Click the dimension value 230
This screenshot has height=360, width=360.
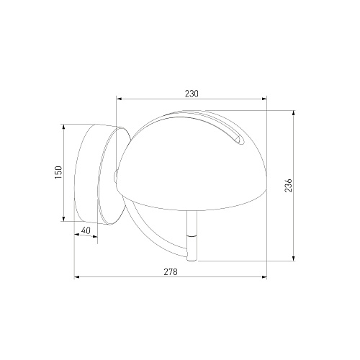coord(192,94)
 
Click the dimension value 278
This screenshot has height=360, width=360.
coord(171,272)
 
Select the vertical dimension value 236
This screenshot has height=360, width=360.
coord(289,185)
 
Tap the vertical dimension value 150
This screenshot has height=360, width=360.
coord(58,172)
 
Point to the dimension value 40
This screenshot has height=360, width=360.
coord(86,230)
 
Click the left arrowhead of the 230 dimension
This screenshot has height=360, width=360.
coord(119,99)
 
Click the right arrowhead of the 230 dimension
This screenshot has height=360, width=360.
coord(264,99)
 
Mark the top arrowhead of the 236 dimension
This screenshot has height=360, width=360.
coord(293,113)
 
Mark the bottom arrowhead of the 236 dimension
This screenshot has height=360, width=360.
coord(293,258)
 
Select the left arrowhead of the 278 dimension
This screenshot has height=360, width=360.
coord(77,277)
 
